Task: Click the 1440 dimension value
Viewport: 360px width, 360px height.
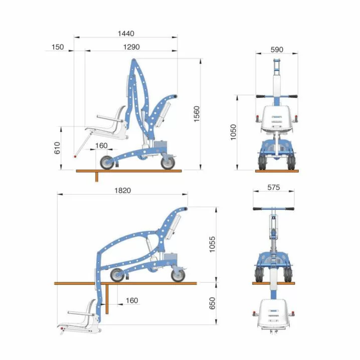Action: point(126,34)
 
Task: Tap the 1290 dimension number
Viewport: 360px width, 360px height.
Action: point(131,47)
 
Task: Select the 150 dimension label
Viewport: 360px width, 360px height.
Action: point(58,47)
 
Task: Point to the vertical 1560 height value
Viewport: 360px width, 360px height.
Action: point(197,114)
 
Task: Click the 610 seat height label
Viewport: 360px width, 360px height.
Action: point(57,148)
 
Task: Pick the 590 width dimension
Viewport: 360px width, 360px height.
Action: point(277,50)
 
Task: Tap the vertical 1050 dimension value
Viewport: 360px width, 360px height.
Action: point(233,132)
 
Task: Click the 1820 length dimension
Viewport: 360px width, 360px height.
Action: point(123,191)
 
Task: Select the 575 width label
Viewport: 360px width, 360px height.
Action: point(273,188)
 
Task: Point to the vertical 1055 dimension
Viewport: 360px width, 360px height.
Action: point(213,245)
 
